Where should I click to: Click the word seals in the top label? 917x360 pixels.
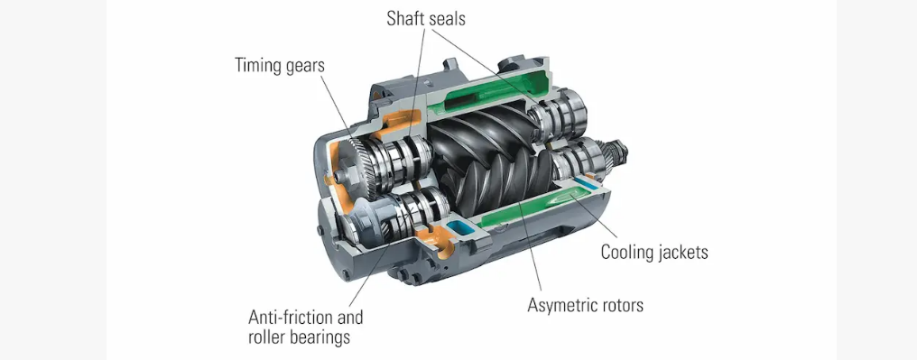pos(446,19)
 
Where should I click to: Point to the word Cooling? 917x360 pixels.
pos(629,252)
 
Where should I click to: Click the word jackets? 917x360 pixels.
pos(684,253)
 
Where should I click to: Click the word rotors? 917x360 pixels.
pos(624,305)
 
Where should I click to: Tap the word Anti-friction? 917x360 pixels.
pos(305,318)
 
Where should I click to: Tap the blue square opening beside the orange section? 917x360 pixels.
pos(459,231)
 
